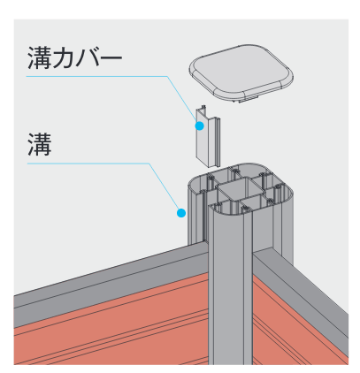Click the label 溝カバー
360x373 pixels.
click(x=75, y=57)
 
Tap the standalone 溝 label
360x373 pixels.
click(x=40, y=144)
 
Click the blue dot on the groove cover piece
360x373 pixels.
click(x=200, y=126)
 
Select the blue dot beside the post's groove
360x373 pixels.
click(x=181, y=213)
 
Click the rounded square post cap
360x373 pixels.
click(x=241, y=72)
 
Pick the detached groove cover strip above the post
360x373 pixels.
click(x=208, y=136)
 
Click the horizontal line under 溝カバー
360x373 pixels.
click(x=97, y=76)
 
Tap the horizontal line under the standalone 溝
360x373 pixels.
click(x=88, y=164)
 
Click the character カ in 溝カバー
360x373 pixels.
click(x=64, y=58)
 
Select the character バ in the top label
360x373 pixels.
click(x=88, y=58)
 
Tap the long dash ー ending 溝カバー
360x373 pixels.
click(x=111, y=58)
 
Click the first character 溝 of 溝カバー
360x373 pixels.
click(x=40, y=57)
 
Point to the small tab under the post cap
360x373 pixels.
click(x=248, y=99)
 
